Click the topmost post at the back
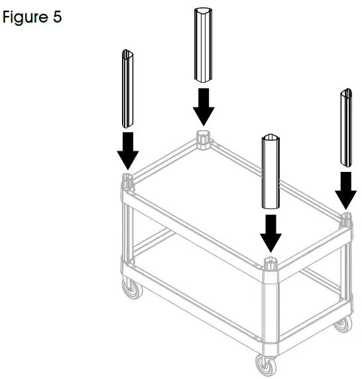pos(204,44)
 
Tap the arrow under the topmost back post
pos(204,107)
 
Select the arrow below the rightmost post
pos(345,190)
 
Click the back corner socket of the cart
pos(204,137)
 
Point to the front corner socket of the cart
pos(270,264)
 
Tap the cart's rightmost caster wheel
pos(341,325)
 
